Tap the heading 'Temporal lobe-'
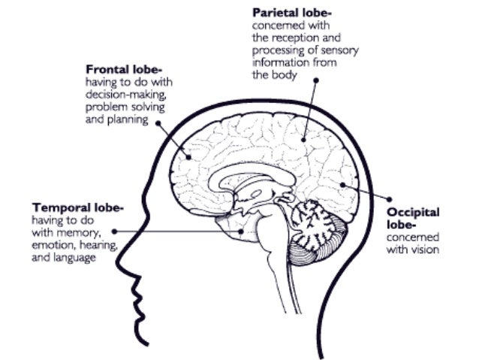click(77, 207)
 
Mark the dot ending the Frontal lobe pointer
click(186, 158)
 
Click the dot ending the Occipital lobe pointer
click(341, 183)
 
